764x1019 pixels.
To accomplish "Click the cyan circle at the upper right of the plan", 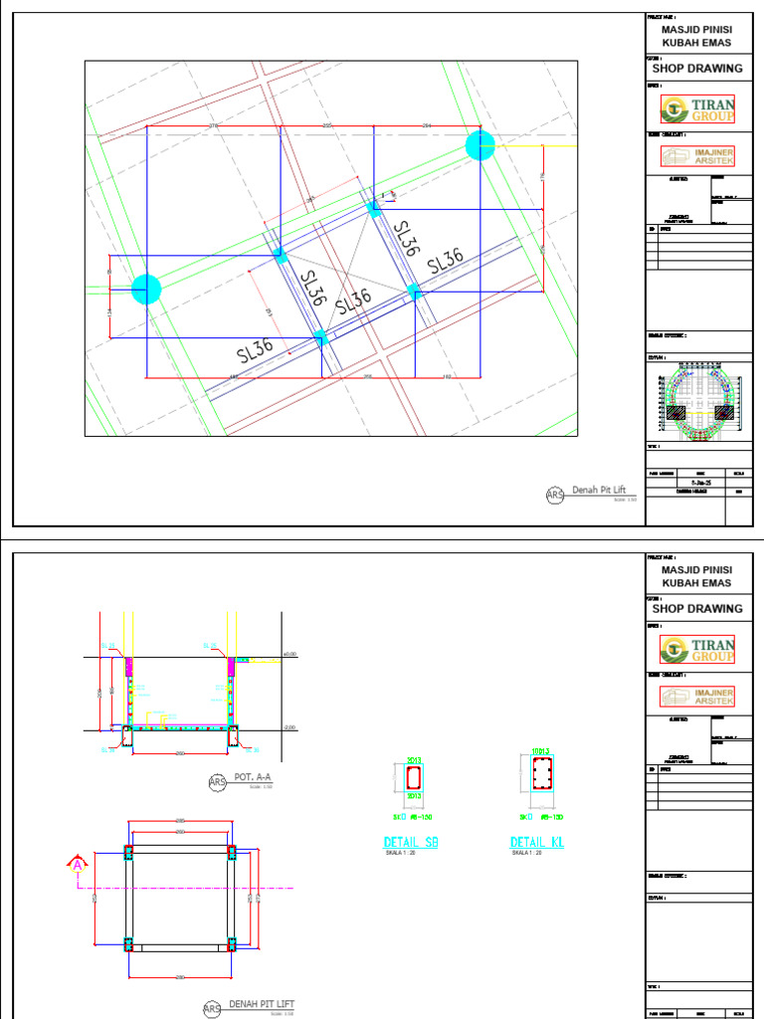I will coord(479,145).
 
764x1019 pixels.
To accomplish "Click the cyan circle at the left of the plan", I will coord(146,290).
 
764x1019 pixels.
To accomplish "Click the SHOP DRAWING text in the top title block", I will coord(697,69).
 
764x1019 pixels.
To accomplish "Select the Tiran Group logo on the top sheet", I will coord(699,108).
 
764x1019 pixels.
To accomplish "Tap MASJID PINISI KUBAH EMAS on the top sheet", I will coord(696,36).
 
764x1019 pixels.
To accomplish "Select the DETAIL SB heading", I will coord(411,844).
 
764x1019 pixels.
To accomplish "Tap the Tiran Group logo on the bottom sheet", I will coord(699,649).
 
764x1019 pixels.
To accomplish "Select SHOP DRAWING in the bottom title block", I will coord(697,608).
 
